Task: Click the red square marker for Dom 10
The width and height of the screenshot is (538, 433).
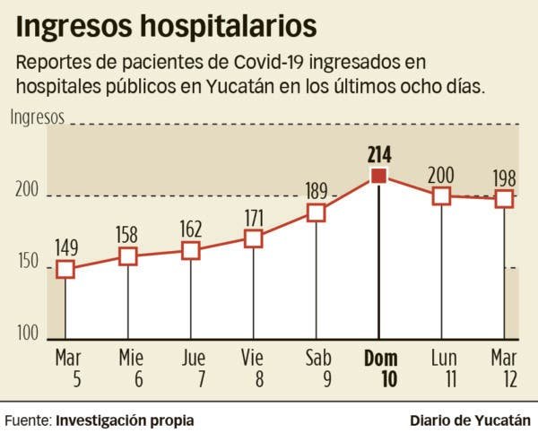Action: click(379, 177)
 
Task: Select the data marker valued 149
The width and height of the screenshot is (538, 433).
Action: click(65, 269)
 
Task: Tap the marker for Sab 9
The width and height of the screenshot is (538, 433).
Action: click(316, 212)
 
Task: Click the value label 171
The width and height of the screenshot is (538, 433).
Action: click(253, 217)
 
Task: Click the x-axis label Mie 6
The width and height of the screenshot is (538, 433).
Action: click(131, 368)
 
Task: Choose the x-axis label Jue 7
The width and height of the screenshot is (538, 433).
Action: click(194, 368)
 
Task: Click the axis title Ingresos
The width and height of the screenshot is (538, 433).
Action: click(38, 117)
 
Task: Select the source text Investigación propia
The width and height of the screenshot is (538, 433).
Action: click(124, 419)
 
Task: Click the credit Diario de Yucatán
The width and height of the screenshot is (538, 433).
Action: click(469, 419)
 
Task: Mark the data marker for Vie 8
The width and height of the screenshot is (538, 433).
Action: click(253, 238)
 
